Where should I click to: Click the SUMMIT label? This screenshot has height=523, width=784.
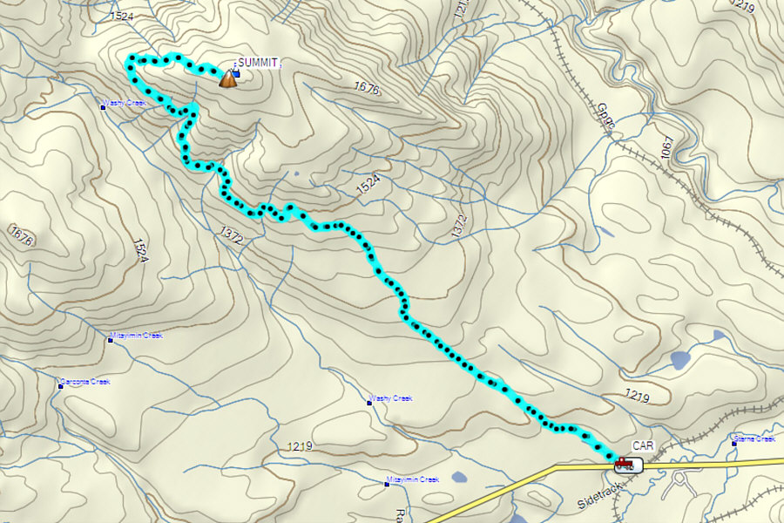pos(259,63)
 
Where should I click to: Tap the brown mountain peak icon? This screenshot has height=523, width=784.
pos(227,79)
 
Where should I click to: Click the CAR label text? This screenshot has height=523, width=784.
pos(643,446)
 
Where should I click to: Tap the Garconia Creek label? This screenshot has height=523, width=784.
pos(86,382)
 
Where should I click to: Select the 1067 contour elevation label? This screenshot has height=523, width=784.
pos(667,146)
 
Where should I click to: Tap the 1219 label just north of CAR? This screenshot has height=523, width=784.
pos(638,397)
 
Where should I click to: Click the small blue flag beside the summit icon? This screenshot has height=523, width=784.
pos(236,74)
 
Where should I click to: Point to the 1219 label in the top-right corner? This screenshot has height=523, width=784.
pos(743,7)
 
